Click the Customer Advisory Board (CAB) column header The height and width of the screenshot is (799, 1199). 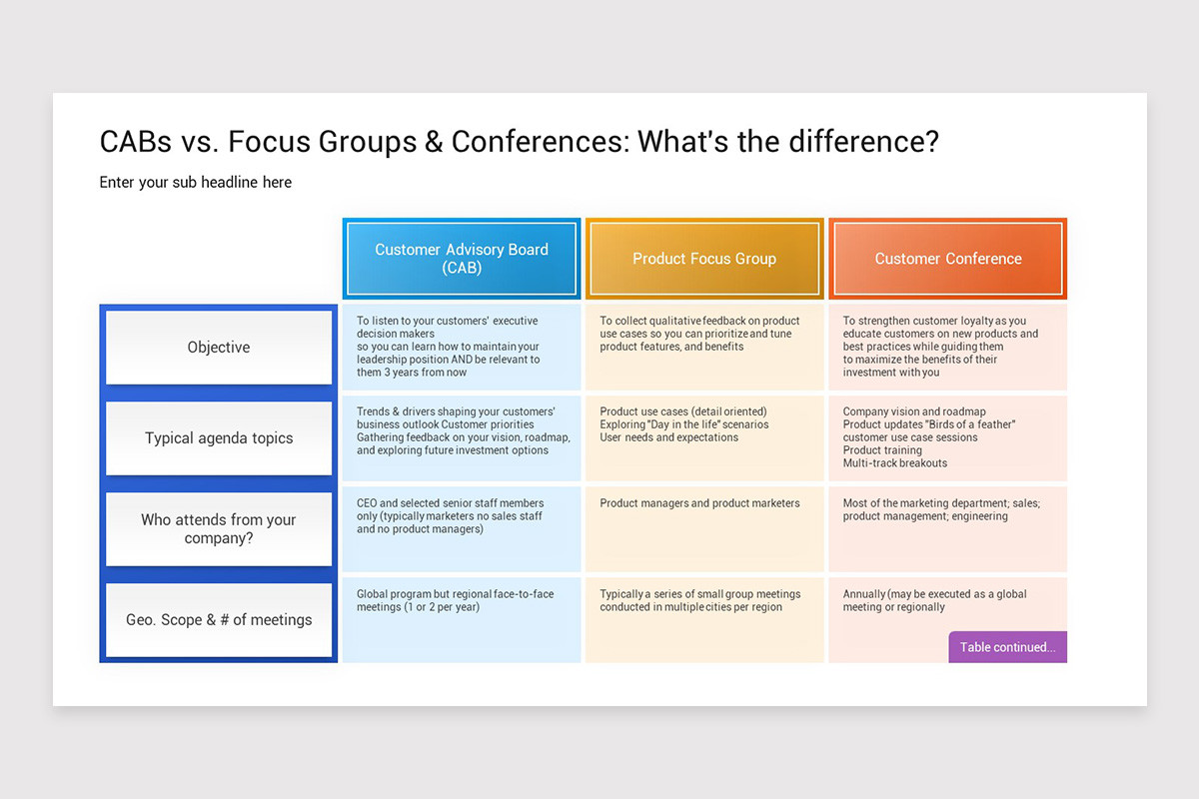click(x=461, y=259)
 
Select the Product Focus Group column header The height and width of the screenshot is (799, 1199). click(x=704, y=259)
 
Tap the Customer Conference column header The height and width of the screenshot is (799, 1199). click(x=948, y=259)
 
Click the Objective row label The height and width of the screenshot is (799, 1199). click(x=219, y=348)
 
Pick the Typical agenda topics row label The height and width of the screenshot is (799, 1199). click(x=219, y=438)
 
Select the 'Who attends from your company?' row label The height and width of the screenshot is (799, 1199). click(x=219, y=528)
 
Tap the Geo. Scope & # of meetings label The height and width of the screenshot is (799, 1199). click(x=219, y=620)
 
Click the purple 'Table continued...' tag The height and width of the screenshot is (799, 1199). click(x=1007, y=647)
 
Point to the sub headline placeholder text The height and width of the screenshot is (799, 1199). click(x=196, y=182)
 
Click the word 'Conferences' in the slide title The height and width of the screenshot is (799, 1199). click(x=539, y=142)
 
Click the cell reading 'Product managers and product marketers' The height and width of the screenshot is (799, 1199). click(x=699, y=503)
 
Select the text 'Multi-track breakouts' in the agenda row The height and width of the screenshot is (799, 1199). click(x=894, y=463)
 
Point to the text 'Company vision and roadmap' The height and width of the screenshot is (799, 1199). click(x=914, y=411)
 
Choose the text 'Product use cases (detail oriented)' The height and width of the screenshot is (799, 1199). click(x=683, y=411)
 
